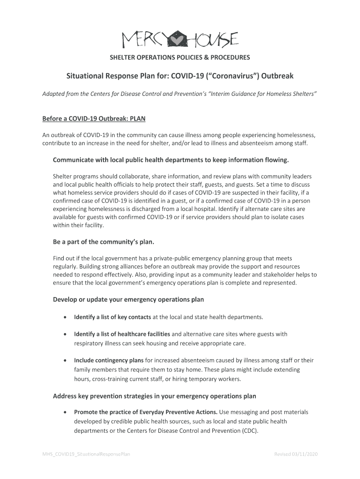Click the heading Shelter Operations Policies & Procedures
click(x=180, y=58)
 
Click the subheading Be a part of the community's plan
click(x=103, y=242)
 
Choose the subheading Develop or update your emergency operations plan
click(x=129, y=299)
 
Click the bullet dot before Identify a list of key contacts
click(x=64, y=318)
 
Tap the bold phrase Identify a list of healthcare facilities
click(x=122, y=334)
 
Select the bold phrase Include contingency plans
click(x=109, y=360)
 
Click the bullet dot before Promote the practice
click(x=64, y=412)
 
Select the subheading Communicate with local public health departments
click(x=171, y=160)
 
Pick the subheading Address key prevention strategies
click(x=155, y=396)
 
